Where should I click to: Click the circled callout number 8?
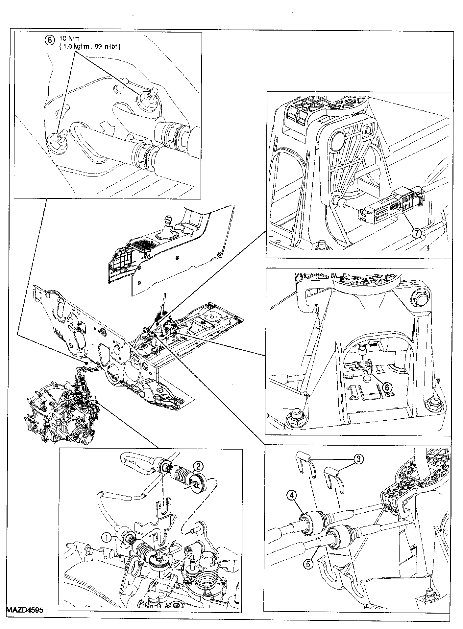tap(49, 40)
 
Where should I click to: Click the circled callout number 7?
tap(416, 233)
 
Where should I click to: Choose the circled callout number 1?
tap(106, 538)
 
